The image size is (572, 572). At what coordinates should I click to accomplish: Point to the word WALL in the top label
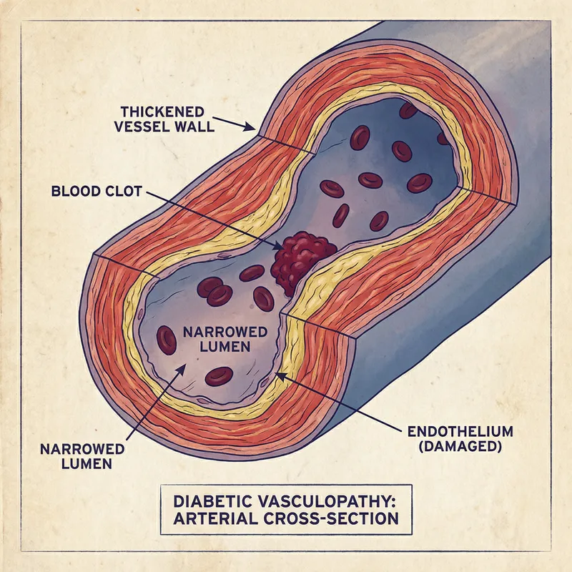pos(187,129)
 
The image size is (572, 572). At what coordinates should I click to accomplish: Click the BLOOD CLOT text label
pos(97,192)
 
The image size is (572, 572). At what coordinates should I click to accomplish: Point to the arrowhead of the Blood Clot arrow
pos(280,247)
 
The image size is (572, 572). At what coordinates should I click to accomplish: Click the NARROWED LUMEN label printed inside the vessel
pos(225,340)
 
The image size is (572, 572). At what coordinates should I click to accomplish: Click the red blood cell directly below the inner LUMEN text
pos(219,376)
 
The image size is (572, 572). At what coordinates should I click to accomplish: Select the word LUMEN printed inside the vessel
pos(225,347)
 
